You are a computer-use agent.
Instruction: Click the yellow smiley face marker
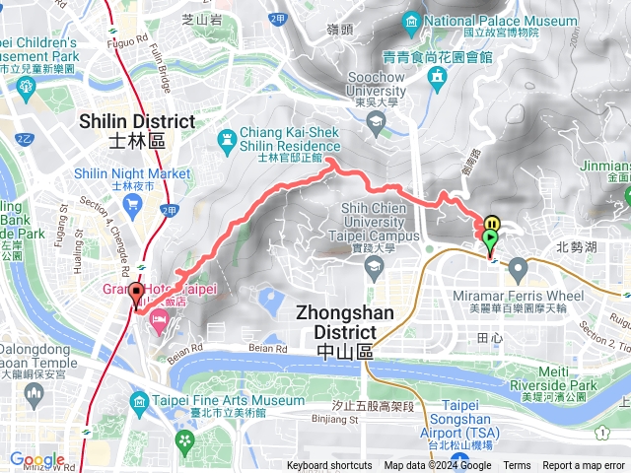(493, 223)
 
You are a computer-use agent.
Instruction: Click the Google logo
(36, 460)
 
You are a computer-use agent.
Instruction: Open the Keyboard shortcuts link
(329, 466)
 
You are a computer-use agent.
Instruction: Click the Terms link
(517, 466)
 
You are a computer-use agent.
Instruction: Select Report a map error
(585, 466)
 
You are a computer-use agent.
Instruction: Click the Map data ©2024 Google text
(438, 466)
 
